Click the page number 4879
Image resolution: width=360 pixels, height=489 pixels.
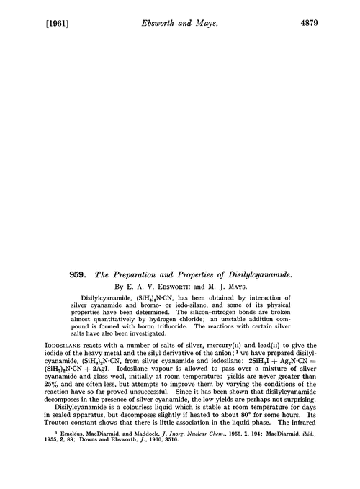[328, 13]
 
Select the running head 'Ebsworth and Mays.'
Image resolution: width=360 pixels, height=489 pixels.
[180, 13]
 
